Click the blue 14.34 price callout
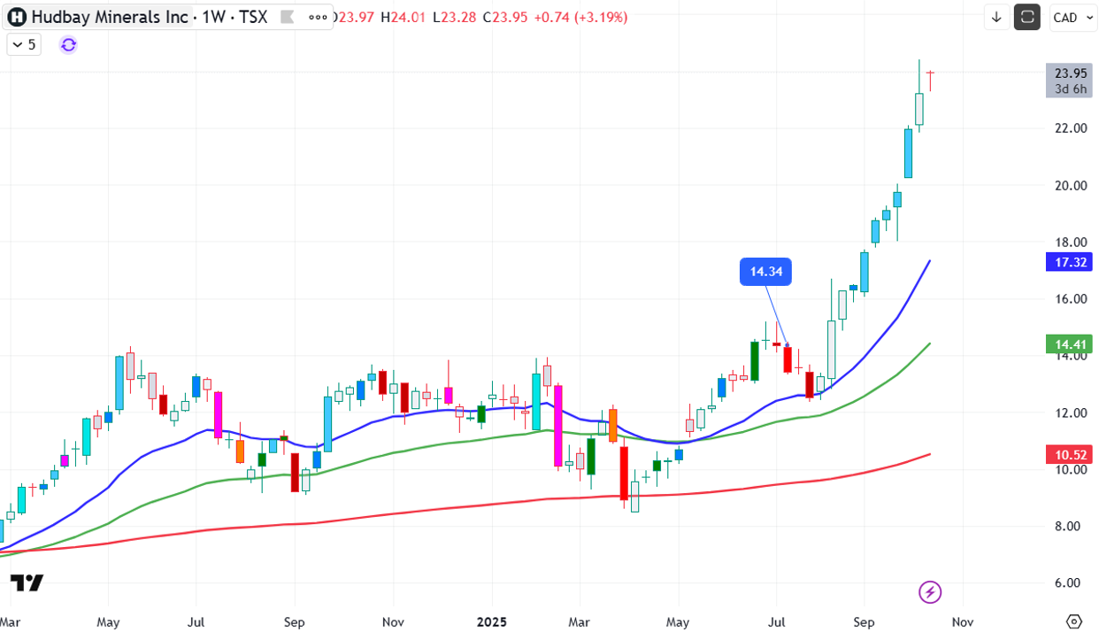[765, 272]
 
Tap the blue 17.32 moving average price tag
[1071, 262]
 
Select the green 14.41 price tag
[1071, 344]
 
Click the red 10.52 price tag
[1071, 455]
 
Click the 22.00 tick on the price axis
[1070, 128]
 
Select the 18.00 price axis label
[1070, 243]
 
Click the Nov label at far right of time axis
[963, 622]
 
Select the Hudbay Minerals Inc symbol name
[110, 17]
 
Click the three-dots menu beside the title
[318, 17]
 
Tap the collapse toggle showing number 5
[24, 44]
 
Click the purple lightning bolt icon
[930, 592]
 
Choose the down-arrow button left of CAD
[996, 17]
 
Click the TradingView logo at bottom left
[27, 582]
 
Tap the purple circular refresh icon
[69, 44]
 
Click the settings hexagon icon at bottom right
[1074, 621]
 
